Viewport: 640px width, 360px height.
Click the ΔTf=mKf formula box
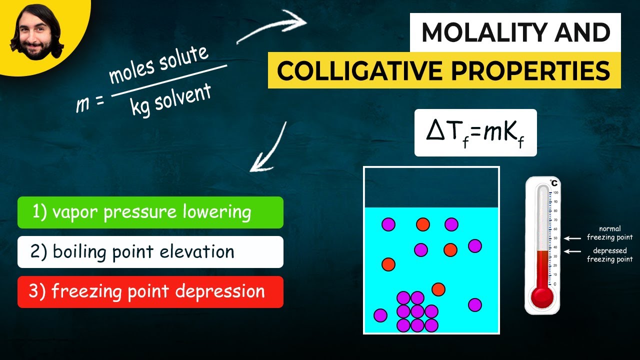pyautogui.click(x=475, y=132)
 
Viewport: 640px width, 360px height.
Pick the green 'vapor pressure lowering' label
pyautogui.click(x=150, y=212)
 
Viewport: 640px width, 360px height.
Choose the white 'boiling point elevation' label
pyautogui.click(x=150, y=252)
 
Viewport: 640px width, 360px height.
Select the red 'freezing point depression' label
pyautogui.click(x=150, y=292)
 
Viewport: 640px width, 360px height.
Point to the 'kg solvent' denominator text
pyautogui.click(x=170, y=100)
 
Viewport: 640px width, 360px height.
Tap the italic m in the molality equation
pyautogui.click(x=81, y=104)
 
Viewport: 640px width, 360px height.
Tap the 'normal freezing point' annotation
pyautogui.click(x=609, y=233)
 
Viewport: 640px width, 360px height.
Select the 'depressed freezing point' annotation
pyautogui.click(x=609, y=255)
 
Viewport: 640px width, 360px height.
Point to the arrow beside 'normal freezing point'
pyautogui.click(x=572, y=238)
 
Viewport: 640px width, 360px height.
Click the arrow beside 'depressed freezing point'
pyautogui.click(x=572, y=251)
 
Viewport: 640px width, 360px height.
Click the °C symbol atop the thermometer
pyautogui.click(x=553, y=183)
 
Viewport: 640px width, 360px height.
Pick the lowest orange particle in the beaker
pyautogui.click(x=438, y=289)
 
